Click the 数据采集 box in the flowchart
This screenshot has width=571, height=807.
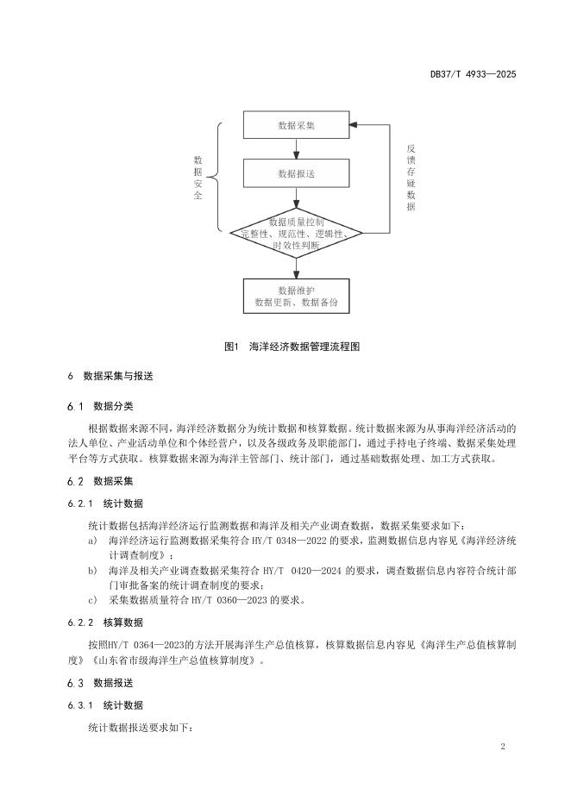pyautogui.click(x=296, y=126)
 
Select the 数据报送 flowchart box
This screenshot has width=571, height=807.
pyautogui.click(x=296, y=174)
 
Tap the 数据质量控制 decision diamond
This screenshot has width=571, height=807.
pyautogui.click(x=296, y=234)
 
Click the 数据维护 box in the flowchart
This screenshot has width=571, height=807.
pyautogui.click(x=296, y=296)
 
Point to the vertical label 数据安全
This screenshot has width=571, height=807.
pyautogui.click(x=198, y=178)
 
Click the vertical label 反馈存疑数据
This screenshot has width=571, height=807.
pyautogui.click(x=411, y=178)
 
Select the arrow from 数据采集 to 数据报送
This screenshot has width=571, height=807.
pyautogui.click(x=296, y=150)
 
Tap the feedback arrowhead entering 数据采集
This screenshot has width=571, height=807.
pyautogui.click(x=355, y=125)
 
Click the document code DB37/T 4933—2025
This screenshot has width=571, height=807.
pyautogui.click(x=473, y=74)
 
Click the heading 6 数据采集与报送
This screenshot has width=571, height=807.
pyautogui.click(x=112, y=377)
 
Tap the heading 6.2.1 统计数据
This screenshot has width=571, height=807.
pyautogui.click(x=105, y=504)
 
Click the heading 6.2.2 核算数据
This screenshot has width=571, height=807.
pyautogui.click(x=105, y=622)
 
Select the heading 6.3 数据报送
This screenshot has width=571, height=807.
pyautogui.click(x=100, y=682)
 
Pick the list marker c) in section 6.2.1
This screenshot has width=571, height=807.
pyautogui.click(x=92, y=599)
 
